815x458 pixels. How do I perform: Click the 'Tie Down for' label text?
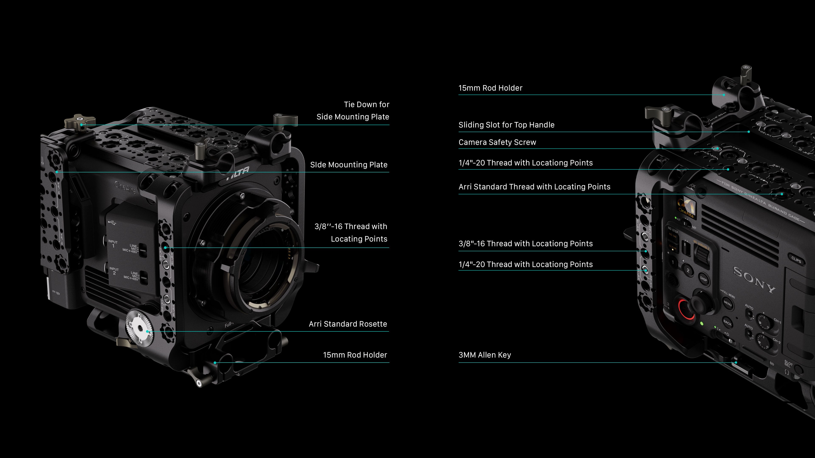(366, 105)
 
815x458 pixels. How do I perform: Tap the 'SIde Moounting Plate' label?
(349, 165)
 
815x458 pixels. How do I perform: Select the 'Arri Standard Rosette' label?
(348, 324)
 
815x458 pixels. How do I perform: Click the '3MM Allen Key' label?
(485, 355)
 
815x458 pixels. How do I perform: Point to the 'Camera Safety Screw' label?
(497, 142)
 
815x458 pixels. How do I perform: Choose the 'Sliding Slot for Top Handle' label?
(506, 125)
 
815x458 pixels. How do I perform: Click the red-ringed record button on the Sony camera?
(686, 308)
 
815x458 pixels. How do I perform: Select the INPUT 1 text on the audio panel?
(113, 244)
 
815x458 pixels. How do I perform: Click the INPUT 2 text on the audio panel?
(114, 271)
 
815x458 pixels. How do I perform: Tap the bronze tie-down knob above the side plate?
(80, 121)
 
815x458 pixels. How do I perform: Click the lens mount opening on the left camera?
(266, 269)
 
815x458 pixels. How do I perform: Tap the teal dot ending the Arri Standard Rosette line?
(148, 331)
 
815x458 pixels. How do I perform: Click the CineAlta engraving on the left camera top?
(125, 187)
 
